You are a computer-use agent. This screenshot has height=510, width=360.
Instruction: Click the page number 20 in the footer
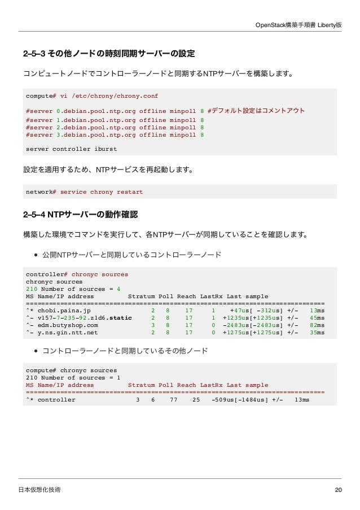click(338, 490)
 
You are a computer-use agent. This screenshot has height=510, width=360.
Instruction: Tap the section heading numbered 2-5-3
click(108, 54)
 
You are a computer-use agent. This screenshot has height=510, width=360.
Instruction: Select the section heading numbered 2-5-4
click(80, 215)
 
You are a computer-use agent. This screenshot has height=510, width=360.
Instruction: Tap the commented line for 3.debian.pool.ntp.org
click(115, 135)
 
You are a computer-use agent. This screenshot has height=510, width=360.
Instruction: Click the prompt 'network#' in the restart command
click(41, 192)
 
